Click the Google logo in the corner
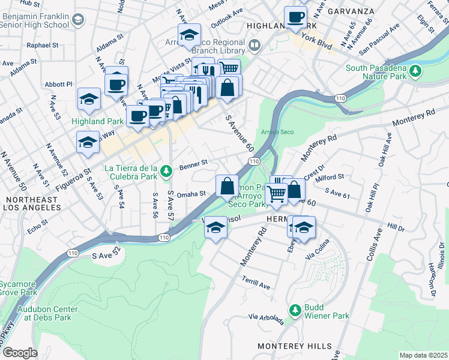[x=20, y=352]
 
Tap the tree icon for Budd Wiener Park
[x=295, y=310]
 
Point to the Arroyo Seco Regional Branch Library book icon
[x=255, y=46]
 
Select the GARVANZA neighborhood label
[x=356, y=11]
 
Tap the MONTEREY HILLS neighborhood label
[x=294, y=346]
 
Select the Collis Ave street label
[x=377, y=243]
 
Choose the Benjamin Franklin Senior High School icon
[x=78, y=20]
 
